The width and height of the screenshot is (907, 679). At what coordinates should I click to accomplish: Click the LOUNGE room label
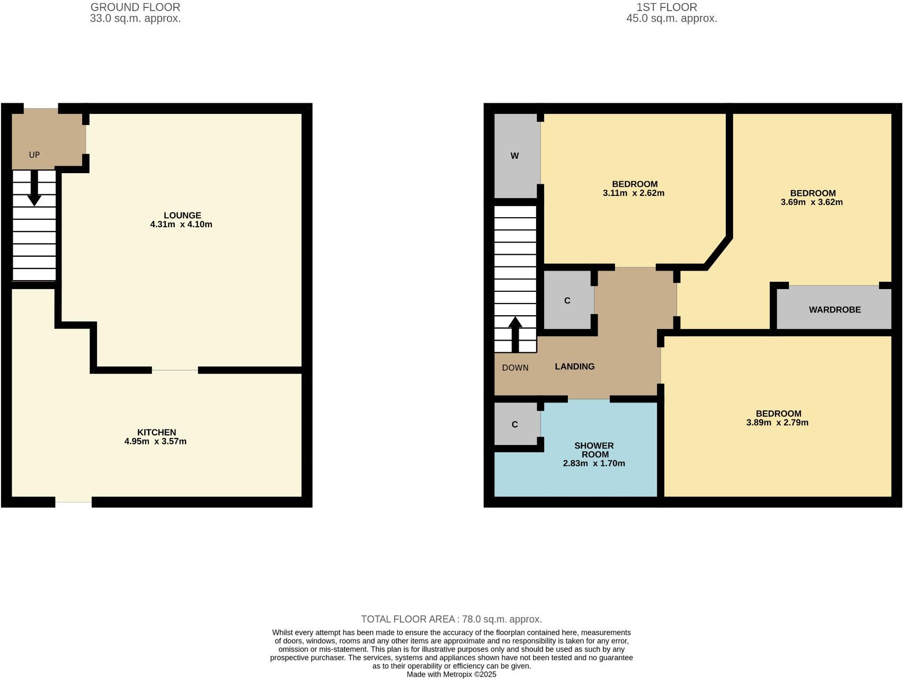point(182,215)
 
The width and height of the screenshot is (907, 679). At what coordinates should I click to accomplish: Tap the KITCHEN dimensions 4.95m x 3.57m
point(155,441)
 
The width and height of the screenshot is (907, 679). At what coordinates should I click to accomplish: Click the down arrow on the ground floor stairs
point(34,187)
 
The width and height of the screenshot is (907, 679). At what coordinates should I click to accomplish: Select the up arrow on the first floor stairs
point(515,334)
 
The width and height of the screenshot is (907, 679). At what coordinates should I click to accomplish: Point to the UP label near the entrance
point(34,155)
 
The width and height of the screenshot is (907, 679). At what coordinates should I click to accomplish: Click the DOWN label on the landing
point(515,368)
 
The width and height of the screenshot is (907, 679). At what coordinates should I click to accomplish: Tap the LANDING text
point(574,367)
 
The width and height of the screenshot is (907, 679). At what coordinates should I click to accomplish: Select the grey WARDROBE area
point(834,309)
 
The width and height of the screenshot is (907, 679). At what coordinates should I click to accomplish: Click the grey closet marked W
point(514,156)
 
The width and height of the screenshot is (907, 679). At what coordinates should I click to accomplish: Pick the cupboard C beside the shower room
point(514,424)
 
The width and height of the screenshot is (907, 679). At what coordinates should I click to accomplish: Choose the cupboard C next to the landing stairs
point(567,300)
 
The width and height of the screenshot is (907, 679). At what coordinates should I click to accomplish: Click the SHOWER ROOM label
point(594,450)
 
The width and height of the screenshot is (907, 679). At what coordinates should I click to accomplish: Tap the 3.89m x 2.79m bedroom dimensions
point(777,423)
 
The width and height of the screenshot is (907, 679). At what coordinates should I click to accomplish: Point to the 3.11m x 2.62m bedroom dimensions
point(633,193)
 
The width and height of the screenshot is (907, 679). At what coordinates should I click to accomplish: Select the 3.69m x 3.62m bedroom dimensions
point(811,202)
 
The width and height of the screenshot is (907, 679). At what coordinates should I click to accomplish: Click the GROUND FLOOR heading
point(135,7)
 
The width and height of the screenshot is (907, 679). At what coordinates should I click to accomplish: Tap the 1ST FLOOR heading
point(666,7)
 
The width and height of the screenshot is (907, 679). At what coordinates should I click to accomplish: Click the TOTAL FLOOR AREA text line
point(451,619)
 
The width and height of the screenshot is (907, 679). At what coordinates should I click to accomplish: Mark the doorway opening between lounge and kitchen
point(175,370)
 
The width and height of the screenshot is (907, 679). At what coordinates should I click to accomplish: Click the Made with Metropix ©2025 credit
point(451,674)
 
